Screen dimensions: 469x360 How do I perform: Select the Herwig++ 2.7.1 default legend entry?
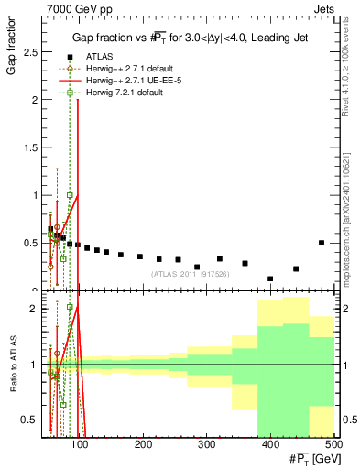click(x=121, y=68)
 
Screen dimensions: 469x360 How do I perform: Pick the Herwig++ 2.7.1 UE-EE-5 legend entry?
click(x=124, y=80)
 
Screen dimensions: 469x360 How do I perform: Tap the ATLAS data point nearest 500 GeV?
click(x=321, y=243)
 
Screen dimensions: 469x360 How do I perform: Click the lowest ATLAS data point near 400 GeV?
click(x=270, y=278)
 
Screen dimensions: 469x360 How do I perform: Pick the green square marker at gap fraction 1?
click(x=70, y=195)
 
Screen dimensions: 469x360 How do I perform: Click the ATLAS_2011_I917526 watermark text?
click(x=190, y=274)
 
